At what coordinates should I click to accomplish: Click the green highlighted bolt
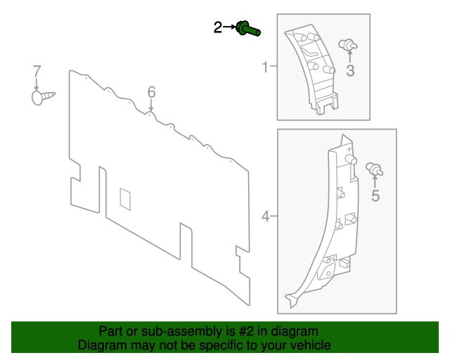click(x=247, y=29)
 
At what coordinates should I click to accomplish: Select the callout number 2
click(x=218, y=27)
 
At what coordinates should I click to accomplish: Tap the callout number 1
click(x=265, y=67)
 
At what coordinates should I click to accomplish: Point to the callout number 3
click(x=350, y=70)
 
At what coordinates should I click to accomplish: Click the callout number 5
click(x=375, y=196)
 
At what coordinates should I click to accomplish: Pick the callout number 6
click(x=150, y=92)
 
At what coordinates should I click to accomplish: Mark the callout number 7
click(x=37, y=71)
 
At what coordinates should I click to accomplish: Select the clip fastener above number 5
click(x=375, y=169)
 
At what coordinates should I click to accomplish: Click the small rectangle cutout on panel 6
click(x=126, y=198)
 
